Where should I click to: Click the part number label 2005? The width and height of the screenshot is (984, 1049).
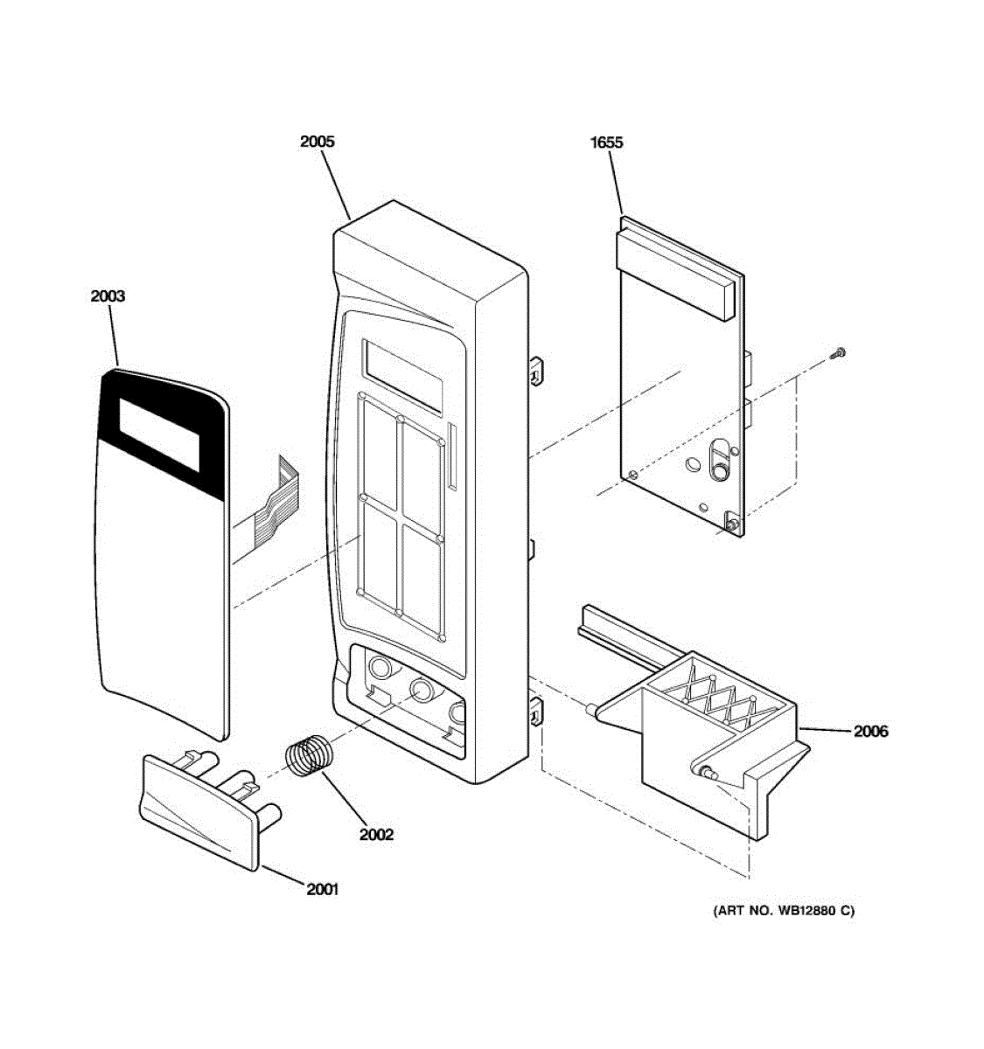point(317,142)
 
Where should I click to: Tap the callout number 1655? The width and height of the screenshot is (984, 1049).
point(606,142)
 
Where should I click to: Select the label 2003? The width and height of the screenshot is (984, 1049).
point(108,296)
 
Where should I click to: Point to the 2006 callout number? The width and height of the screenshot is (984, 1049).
point(870,731)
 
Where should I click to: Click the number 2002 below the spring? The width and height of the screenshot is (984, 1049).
point(376,834)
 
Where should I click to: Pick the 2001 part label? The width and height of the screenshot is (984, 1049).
point(322,890)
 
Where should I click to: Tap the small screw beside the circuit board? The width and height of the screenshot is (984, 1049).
point(839,352)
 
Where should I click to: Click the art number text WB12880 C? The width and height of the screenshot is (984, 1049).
point(784,911)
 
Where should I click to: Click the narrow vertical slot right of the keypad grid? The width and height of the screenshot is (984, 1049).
point(451,456)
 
